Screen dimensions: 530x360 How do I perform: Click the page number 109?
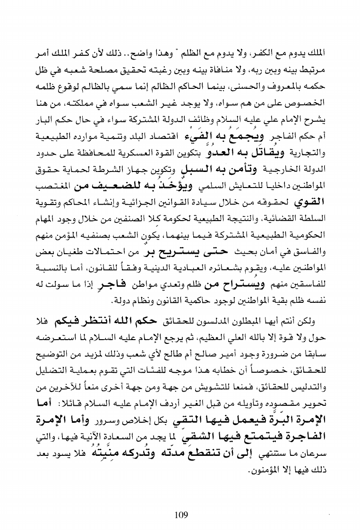(x=180, y=502)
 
